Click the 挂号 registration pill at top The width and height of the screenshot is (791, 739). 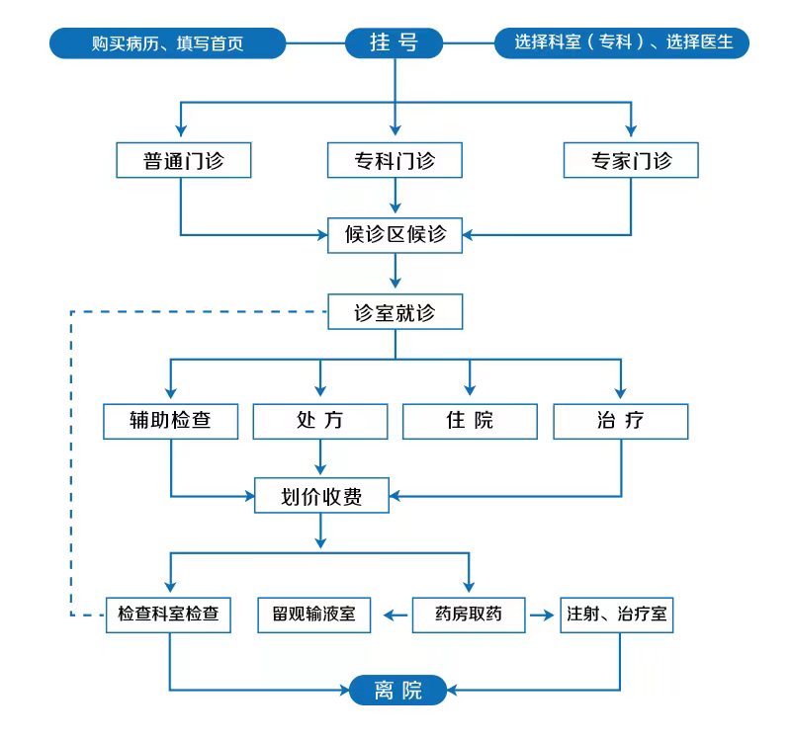click(x=394, y=42)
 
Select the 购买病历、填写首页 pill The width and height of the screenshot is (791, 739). click(x=167, y=43)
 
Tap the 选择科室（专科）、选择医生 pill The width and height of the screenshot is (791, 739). click(x=622, y=42)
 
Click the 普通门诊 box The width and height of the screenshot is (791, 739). click(x=184, y=160)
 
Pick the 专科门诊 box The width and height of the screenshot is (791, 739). click(x=395, y=160)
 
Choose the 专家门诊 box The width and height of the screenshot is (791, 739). click(x=631, y=160)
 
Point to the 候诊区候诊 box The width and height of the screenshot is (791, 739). click(x=395, y=235)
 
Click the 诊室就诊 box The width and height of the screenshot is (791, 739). click(x=395, y=312)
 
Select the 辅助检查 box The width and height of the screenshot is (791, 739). click(x=170, y=422)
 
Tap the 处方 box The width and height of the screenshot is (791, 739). click(x=320, y=422)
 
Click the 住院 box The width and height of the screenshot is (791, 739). click(x=471, y=422)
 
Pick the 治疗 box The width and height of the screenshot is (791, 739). click(x=621, y=422)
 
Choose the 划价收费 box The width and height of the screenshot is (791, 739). click(x=322, y=496)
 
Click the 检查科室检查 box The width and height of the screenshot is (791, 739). click(x=168, y=615)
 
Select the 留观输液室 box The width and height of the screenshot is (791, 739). click(x=314, y=615)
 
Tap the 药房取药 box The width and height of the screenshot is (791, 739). click(x=469, y=615)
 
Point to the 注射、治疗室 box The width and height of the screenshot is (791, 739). click(x=617, y=615)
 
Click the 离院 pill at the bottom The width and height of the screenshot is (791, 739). click(x=398, y=690)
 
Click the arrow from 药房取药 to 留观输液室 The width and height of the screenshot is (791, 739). click(x=395, y=615)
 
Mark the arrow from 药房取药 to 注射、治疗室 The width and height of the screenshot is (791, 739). click(x=542, y=615)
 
